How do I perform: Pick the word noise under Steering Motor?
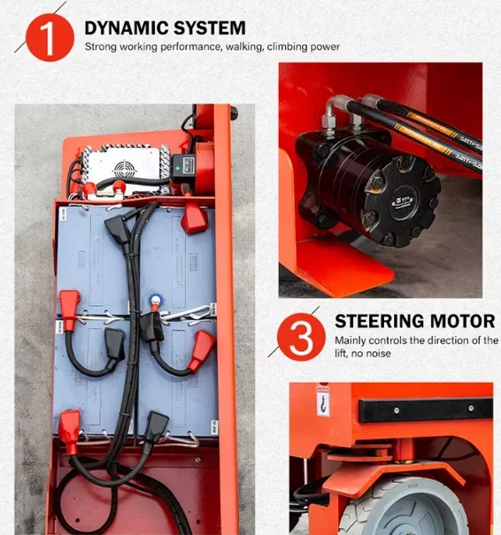coord(381,354)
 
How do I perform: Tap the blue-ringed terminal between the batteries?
coord(157,300)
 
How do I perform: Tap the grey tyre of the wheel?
coord(416,508)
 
